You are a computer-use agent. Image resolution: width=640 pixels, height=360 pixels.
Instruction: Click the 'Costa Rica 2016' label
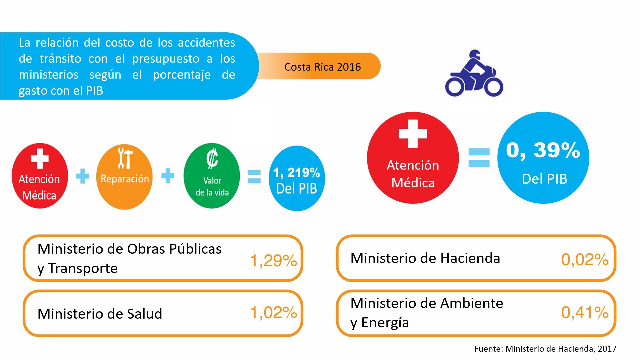[x=322, y=67]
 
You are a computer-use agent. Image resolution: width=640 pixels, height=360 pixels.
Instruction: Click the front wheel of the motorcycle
[x=494, y=87]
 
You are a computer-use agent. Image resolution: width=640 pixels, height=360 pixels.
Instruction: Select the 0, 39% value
[x=543, y=150]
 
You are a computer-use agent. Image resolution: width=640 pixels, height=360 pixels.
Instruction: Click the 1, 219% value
[x=297, y=173]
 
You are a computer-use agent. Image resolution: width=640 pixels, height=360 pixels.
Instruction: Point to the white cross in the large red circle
[x=413, y=134]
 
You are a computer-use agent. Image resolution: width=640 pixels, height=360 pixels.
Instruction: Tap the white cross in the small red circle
[x=40, y=159]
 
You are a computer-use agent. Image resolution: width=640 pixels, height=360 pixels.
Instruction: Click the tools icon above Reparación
[x=125, y=158]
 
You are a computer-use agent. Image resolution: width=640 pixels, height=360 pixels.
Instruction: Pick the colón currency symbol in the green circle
[x=212, y=159]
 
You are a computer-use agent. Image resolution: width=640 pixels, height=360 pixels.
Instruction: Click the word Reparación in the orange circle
[x=125, y=179]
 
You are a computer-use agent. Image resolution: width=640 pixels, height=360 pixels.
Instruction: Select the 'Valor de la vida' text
[x=212, y=186]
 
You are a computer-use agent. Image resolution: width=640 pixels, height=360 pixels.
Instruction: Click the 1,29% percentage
[x=273, y=260]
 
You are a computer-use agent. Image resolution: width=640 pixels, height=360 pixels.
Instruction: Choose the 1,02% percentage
[x=273, y=313]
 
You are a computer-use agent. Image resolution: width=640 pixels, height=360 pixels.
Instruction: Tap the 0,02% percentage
[x=585, y=260]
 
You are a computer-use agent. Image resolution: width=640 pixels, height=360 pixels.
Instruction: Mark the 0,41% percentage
[x=585, y=312]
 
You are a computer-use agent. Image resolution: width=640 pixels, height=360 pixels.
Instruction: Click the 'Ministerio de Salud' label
[x=100, y=314]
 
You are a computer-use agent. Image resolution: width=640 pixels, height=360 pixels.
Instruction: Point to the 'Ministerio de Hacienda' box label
[x=425, y=258]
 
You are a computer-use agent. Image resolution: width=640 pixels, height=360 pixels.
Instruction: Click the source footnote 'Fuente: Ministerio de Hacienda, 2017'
[x=545, y=349]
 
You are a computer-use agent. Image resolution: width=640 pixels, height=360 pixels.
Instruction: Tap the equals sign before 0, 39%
[x=479, y=158]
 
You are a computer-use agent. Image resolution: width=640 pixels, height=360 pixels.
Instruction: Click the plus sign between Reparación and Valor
[x=168, y=176]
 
